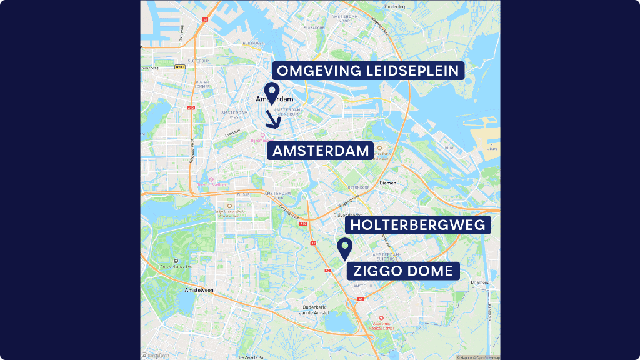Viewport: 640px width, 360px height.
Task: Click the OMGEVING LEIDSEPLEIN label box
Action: (x=369, y=70)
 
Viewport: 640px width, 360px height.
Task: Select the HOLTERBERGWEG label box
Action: (x=417, y=225)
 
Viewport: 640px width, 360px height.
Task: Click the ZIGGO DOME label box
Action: (x=403, y=271)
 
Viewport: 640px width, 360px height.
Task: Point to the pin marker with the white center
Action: (x=271, y=92)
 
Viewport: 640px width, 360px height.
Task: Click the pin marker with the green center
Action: (x=344, y=247)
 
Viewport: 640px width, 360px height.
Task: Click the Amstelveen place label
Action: (x=199, y=291)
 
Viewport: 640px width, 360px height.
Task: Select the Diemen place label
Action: (x=388, y=182)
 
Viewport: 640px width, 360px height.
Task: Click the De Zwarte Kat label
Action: (x=251, y=357)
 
